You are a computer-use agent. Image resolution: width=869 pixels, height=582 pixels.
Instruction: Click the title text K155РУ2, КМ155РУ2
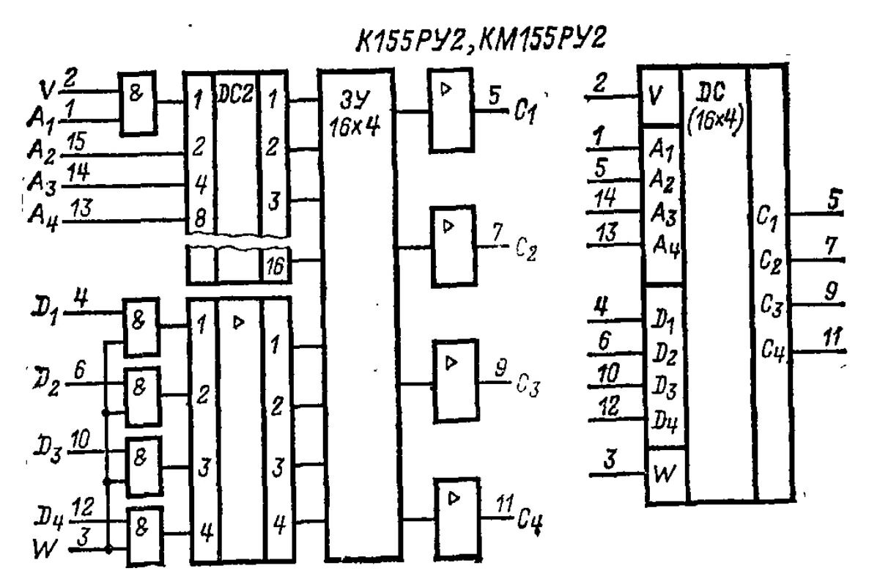(481, 43)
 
